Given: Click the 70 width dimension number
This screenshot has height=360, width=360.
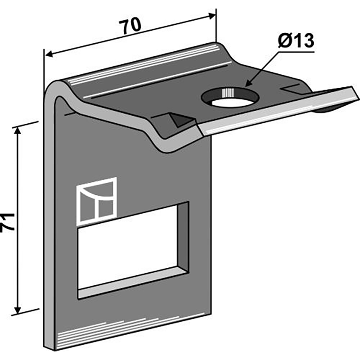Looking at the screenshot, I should (x=130, y=26).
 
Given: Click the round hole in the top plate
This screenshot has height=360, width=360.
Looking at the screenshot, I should (x=230, y=98).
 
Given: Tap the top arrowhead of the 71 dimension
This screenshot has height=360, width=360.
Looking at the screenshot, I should (x=18, y=130).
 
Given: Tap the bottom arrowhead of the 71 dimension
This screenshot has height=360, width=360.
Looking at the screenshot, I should (x=18, y=310).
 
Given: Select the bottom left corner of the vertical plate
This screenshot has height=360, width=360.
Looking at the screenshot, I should (x=55, y=349).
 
